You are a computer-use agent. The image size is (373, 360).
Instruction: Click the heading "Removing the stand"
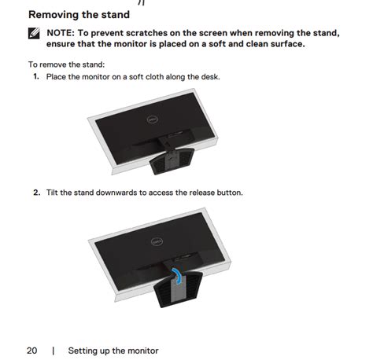(x=79, y=15)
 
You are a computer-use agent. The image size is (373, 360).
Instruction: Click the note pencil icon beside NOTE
(x=34, y=33)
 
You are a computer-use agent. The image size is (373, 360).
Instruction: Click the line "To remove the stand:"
(x=66, y=64)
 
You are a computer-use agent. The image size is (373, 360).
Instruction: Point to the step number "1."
(x=36, y=76)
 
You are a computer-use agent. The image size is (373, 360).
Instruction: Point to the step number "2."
(x=36, y=193)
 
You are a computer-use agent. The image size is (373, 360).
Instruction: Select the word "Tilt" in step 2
(x=52, y=193)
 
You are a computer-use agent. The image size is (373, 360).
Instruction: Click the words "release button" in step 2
(x=216, y=193)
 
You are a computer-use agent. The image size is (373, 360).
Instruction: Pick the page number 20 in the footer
(x=31, y=351)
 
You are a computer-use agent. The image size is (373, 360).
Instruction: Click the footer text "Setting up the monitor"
(x=113, y=351)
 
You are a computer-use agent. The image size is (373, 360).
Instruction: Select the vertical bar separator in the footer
(x=54, y=351)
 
